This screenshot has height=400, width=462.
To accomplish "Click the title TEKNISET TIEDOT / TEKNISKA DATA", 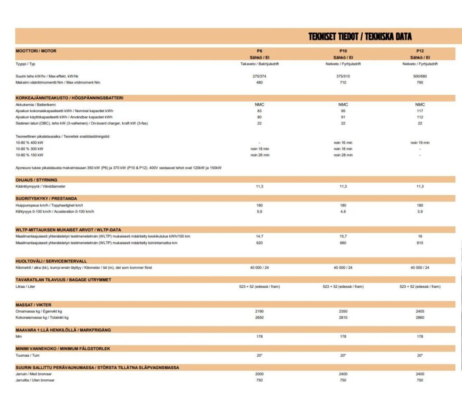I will [360, 37].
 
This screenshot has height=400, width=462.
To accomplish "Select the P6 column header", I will [259, 51].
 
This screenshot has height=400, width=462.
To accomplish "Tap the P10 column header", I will [343, 51].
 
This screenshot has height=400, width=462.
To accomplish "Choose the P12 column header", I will [420, 51].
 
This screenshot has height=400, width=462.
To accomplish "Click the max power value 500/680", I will [420, 76].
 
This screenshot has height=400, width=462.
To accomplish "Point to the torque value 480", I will [259, 82].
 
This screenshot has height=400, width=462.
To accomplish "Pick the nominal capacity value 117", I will [420, 111].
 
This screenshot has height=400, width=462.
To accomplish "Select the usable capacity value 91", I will [343, 117].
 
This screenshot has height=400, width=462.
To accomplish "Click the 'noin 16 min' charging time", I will [343, 143].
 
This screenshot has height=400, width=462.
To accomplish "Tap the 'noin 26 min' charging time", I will [259, 155].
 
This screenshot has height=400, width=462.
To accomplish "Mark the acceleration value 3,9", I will [420, 211].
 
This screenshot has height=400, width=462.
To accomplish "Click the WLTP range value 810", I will [420, 243].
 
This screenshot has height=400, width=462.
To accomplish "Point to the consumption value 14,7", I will [259, 236].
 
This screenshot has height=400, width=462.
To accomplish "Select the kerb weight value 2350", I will [343, 311].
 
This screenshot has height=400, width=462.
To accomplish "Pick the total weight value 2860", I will [420, 317].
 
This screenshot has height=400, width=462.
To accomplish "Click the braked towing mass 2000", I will [259, 374].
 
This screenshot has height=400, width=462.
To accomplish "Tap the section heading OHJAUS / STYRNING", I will [37, 180].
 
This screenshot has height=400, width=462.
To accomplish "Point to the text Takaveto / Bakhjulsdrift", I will [259, 64].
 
